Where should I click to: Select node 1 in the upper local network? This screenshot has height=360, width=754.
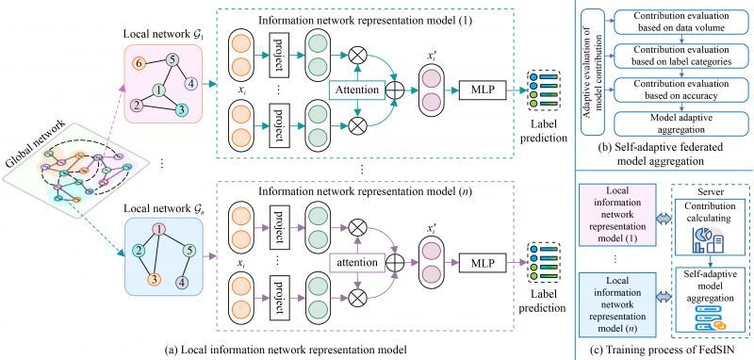161,91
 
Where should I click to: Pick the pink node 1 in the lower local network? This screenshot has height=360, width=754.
160,229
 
